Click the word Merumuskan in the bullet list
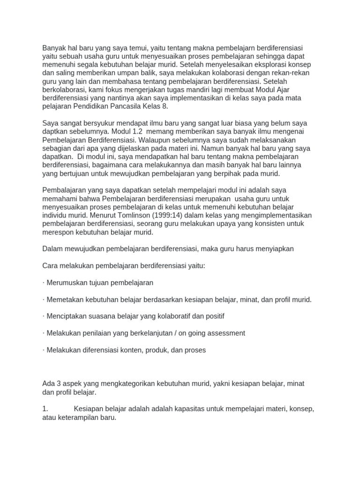[68, 283]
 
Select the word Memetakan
[66, 300]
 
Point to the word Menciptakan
[68, 316]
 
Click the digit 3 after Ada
[58, 384]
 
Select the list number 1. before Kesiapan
[45, 409]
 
